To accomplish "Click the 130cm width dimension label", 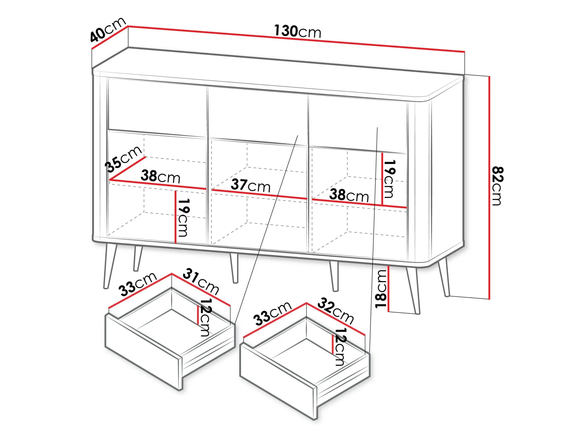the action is [298, 31].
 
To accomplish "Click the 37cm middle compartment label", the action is [251, 186].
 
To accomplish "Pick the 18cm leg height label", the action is [381, 289].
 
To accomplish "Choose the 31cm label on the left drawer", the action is [201, 281].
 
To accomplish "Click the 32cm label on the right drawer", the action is [335, 311].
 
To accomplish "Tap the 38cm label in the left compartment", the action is [161, 176].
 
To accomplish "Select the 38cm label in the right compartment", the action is [349, 195].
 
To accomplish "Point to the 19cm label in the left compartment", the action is [183, 217].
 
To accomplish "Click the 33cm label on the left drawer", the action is [138, 284].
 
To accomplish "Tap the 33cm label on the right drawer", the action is [272, 313].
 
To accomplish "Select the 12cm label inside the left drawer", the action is [205, 318].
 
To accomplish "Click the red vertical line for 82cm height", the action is [489, 188].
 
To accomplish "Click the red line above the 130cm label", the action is [296, 39].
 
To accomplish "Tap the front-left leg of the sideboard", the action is [110, 266].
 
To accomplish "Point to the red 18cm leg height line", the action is [388, 289].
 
